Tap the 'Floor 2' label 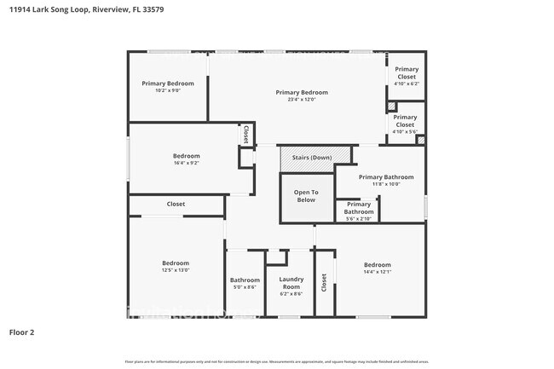click(x=21, y=331)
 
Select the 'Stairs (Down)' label click(x=311, y=158)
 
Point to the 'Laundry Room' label click(x=291, y=284)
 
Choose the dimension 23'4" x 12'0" click(x=301, y=100)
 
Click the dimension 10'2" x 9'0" click(x=168, y=90)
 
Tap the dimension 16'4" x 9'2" click(x=187, y=164)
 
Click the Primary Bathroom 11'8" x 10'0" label click(x=386, y=181)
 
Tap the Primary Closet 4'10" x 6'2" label click(x=406, y=76)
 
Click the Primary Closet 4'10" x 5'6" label click(x=405, y=124)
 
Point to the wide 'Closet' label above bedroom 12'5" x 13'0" click(x=176, y=205)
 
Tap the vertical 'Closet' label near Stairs click(x=245, y=134)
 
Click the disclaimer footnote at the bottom click(x=276, y=362)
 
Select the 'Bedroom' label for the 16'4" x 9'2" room click(x=187, y=156)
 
